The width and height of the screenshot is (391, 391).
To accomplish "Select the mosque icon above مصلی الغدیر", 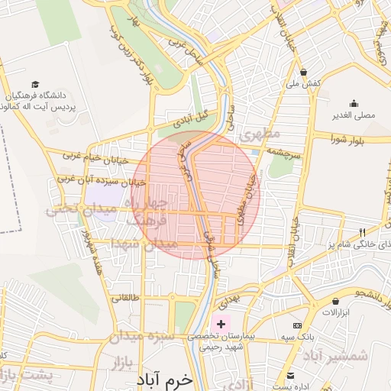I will pos(353,104).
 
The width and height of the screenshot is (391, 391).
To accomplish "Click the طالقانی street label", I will pos(126,299).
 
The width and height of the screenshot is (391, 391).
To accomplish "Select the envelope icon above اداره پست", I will pos(291,375).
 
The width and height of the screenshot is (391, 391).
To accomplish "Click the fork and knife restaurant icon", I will pos(363,232).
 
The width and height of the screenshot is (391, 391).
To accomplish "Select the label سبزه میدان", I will pos(141,335).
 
